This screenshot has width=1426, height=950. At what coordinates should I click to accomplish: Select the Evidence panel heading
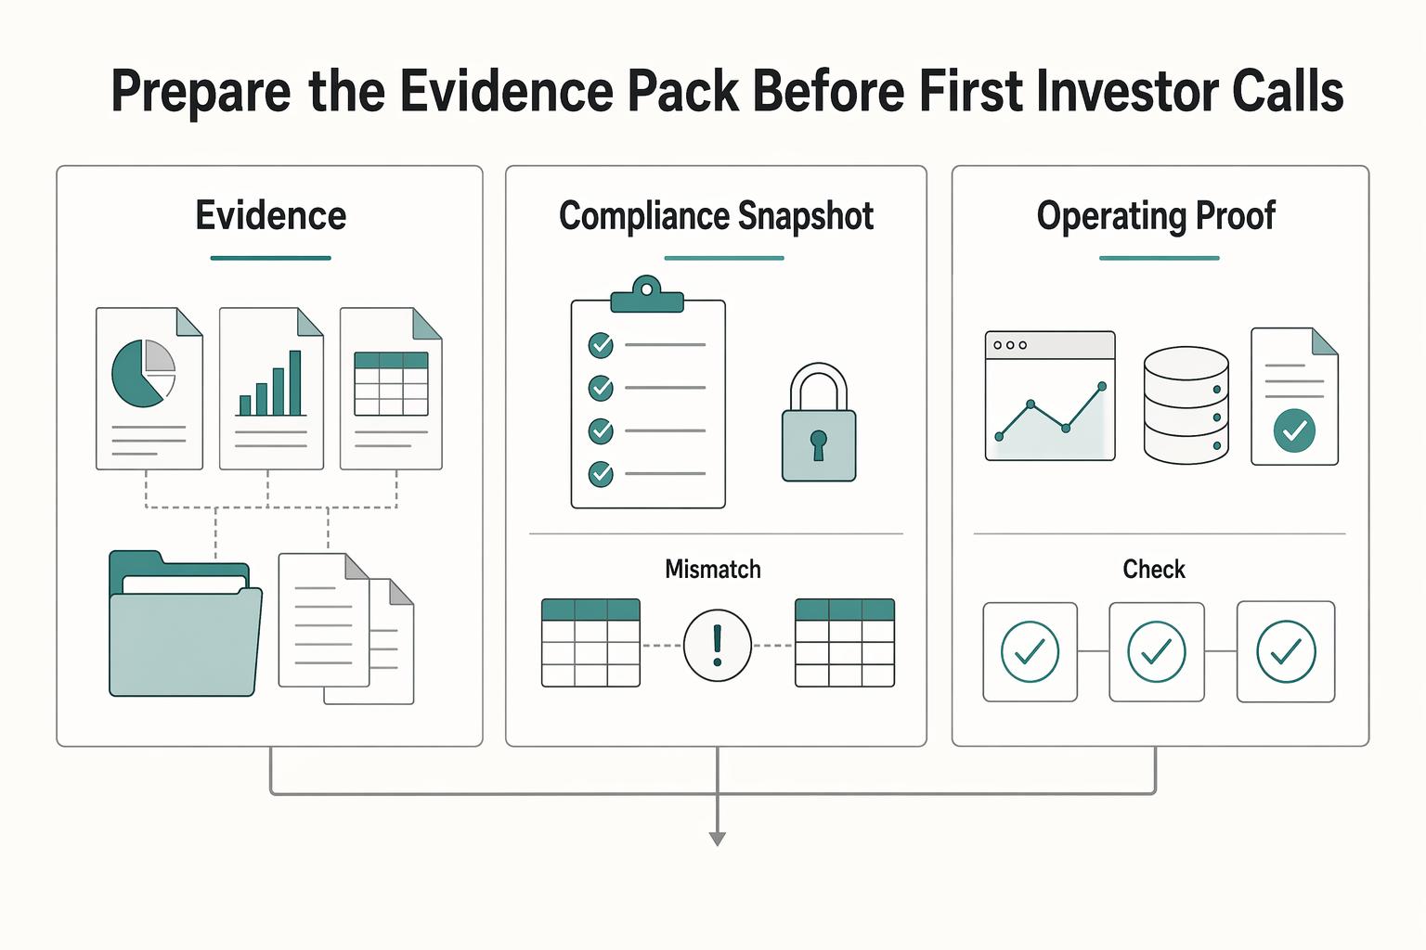tap(270, 215)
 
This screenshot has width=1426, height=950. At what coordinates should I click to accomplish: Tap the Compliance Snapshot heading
tap(716, 216)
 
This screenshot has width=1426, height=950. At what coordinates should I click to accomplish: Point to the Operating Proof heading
tap(1156, 216)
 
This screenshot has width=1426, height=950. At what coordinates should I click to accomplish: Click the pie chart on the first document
tap(143, 374)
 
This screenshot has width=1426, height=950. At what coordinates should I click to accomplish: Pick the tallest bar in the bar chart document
tap(294, 383)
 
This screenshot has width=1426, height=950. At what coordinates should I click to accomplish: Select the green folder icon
tap(186, 623)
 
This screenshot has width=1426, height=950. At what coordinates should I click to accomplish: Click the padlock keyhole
tap(819, 444)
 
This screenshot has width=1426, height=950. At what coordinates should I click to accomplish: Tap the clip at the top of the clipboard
tap(647, 295)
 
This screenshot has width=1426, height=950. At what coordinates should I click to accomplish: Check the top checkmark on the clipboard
tap(601, 345)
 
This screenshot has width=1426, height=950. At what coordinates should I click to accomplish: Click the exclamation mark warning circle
tap(718, 645)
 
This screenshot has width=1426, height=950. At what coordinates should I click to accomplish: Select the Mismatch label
tap(713, 569)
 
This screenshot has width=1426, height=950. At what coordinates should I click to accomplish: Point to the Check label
tap(1154, 569)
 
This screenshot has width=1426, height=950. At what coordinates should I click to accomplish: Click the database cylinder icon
tap(1186, 405)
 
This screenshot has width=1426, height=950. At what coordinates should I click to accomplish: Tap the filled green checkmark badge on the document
tap(1294, 431)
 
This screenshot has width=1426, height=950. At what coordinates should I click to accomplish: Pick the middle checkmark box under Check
tap(1157, 652)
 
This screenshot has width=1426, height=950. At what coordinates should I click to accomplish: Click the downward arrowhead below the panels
tap(718, 839)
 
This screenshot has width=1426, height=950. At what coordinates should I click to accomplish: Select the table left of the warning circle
tap(590, 643)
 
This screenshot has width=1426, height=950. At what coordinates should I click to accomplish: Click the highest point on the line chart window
tap(1102, 386)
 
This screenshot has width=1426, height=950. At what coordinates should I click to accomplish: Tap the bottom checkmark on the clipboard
tap(601, 474)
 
